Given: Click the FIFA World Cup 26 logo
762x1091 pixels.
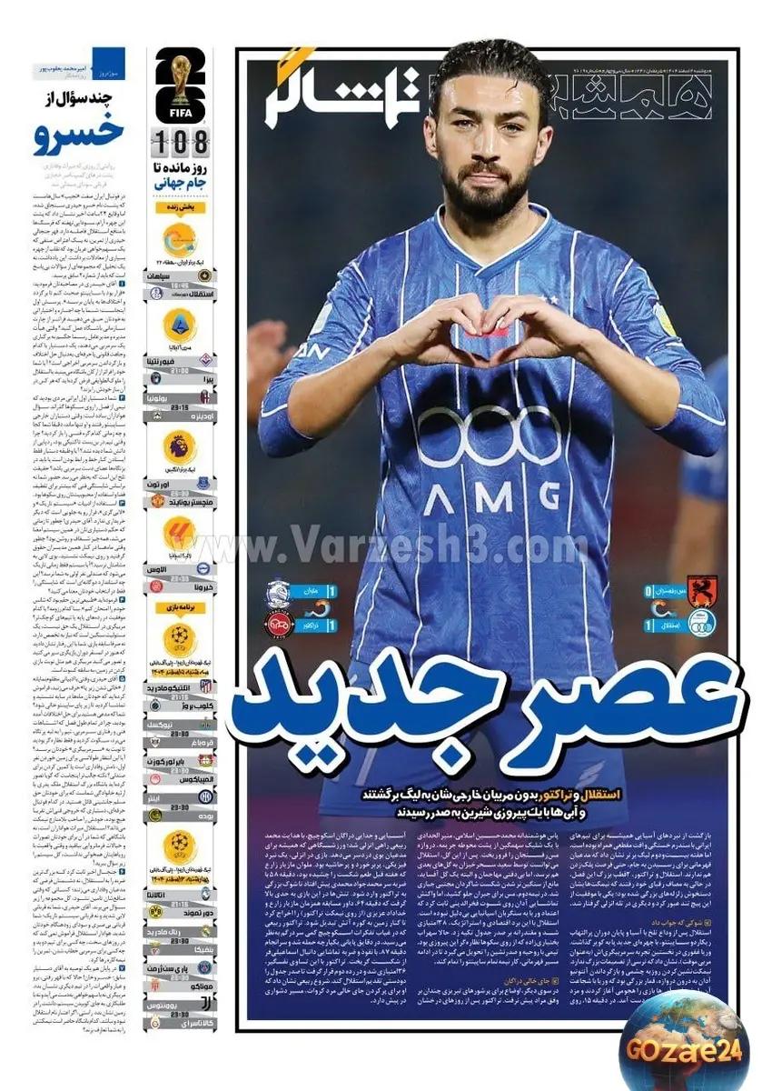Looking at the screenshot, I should pyautogui.click(x=181, y=86).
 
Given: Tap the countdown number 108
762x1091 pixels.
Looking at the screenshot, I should pyautogui.click(x=182, y=143).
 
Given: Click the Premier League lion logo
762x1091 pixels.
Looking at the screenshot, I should pyautogui.click(x=180, y=448).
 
